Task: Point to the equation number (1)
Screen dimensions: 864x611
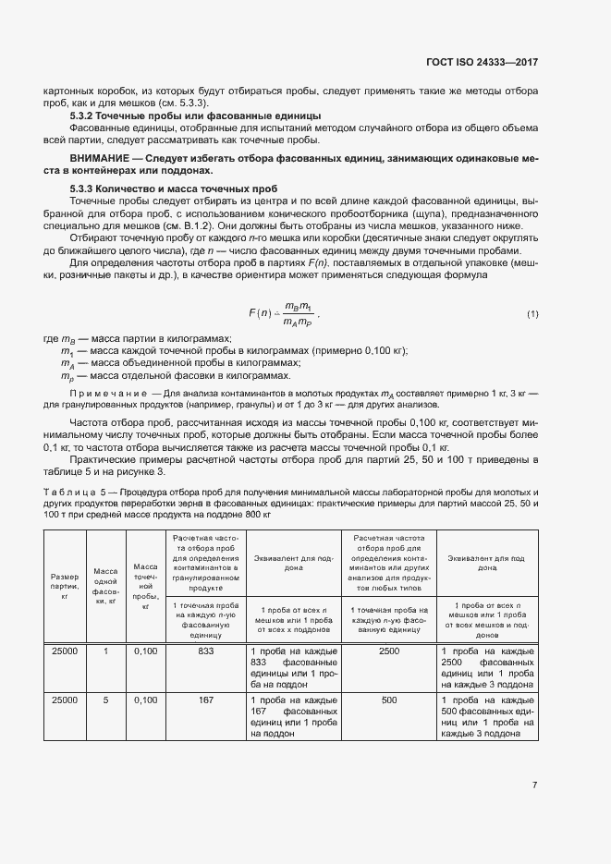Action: pos(532,314)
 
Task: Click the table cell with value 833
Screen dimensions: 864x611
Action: pos(205,651)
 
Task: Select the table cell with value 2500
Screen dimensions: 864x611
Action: pos(389,651)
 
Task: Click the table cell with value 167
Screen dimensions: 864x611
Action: pos(205,700)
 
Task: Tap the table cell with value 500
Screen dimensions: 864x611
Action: pos(389,700)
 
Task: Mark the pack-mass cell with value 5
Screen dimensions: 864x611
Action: pos(105,700)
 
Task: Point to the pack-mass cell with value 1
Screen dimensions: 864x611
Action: pos(105,651)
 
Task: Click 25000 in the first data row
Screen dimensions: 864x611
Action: pos(65,651)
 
